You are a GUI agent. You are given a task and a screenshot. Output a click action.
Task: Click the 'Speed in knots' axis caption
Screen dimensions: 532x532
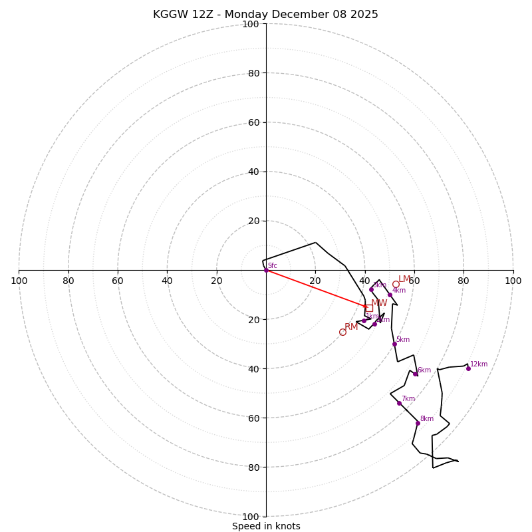[x=266, y=526]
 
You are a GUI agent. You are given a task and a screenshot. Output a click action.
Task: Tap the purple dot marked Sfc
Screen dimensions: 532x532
[x=266, y=270]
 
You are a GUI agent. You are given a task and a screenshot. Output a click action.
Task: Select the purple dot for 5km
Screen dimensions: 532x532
[x=394, y=344]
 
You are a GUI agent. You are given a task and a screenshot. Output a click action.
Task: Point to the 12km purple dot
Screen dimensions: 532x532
[x=468, y=368]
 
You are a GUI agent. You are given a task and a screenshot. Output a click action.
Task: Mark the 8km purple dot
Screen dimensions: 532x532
[x=418, y=423]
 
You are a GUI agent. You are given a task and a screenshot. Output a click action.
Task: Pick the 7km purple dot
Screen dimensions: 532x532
[x=399, y=403]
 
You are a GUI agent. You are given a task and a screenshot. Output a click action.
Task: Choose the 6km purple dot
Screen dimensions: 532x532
[x=416, y=374]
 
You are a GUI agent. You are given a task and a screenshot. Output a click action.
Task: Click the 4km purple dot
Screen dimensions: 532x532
[x=390, y=295]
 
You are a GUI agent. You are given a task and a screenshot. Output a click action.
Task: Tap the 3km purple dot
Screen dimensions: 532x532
[x=371, y=289]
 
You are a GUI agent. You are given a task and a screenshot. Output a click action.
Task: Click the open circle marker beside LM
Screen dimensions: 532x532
[x=396, y=284]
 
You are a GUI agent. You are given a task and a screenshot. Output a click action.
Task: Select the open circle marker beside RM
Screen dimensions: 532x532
[x=342, y=332]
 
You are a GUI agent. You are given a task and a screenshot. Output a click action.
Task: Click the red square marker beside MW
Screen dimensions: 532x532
[x=369, y=308]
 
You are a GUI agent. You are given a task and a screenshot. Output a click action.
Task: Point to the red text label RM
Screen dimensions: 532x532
[x=351, y=327]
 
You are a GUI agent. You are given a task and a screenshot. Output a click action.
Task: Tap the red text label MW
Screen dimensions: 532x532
[x=379, y=303]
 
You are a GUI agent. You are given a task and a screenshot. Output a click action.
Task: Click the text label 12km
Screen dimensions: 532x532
[x=479, y=364]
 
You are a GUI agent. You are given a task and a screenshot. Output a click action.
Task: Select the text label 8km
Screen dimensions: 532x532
[x=427, y=419]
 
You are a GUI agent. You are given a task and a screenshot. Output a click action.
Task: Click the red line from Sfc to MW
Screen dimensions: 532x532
[x=316, y=288]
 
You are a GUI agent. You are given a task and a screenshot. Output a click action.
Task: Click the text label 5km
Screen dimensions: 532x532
[x=403, y=340]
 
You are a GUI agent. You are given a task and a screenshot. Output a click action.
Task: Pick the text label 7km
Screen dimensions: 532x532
[x=408, y=399]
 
